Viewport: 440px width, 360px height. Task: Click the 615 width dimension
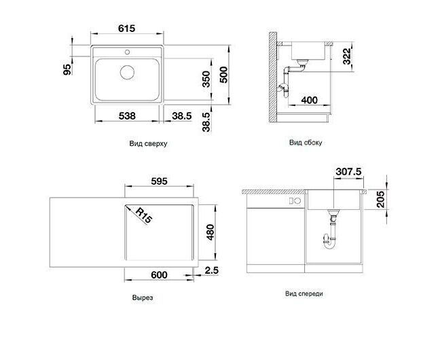126,29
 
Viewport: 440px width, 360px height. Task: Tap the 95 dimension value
67,69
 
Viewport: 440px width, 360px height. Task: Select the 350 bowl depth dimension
206,79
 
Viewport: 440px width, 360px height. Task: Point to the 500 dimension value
223,75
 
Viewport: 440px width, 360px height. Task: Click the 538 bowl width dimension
127,115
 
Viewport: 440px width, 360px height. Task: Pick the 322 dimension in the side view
347,56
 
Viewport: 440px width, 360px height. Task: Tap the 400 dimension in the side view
309,100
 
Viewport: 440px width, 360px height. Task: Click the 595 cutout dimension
159,181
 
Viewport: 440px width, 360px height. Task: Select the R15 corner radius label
143,215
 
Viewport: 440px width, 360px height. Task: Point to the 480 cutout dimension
210,232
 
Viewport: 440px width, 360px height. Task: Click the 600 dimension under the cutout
159,274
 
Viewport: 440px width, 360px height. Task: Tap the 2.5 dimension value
211,270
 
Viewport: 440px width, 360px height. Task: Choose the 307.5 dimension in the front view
348,171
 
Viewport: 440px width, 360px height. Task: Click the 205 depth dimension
380,199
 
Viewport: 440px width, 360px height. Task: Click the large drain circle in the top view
127,72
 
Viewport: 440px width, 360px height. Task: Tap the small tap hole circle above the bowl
127,52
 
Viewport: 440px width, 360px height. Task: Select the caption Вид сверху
148,144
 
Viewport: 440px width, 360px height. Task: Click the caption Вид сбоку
306,143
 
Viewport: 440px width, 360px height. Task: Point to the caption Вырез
143,298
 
